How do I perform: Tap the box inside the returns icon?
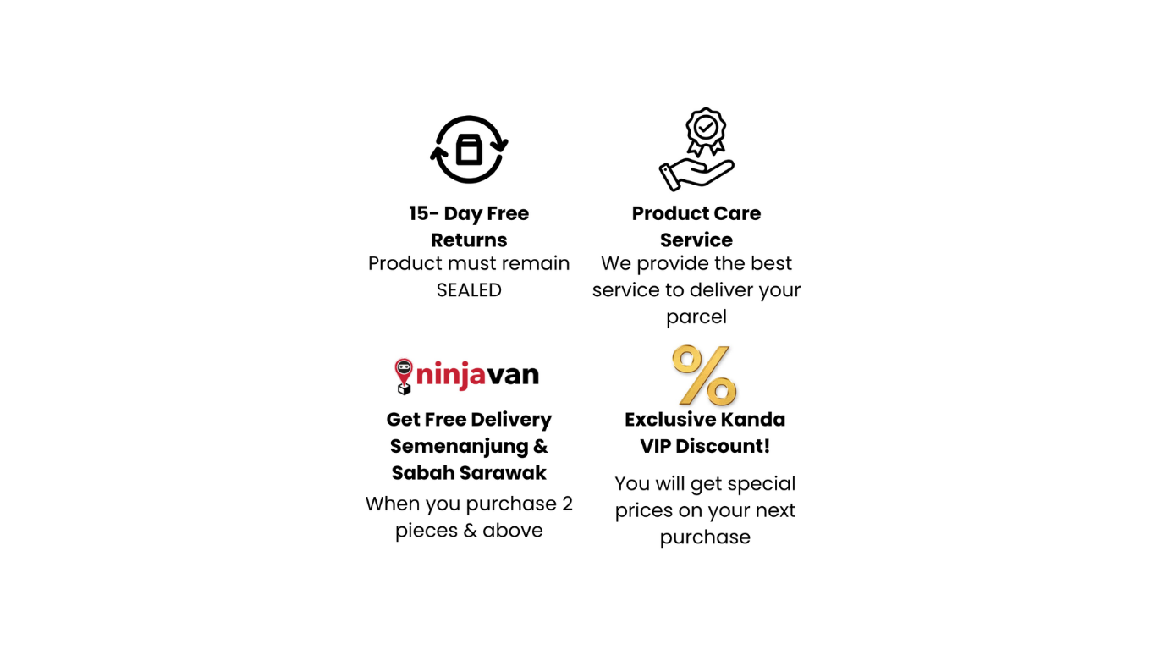click(x=469, y=150)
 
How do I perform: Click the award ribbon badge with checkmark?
click(x=706, y=131)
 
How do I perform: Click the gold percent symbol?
click(x=705, y=375)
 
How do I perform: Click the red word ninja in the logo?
click(x=450, y=374)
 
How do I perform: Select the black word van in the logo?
click(x=513, y=375)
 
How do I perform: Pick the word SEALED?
click(x=469, y=290)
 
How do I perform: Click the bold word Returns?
click(x=469, y=240)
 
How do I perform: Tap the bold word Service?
click(x=696, y=240)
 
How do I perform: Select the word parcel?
click(x=696, y=317)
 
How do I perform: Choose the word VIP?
click(x=655, y=447)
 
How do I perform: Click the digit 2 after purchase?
click(x=567, y=504)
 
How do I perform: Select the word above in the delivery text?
click(x=513, y=531)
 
